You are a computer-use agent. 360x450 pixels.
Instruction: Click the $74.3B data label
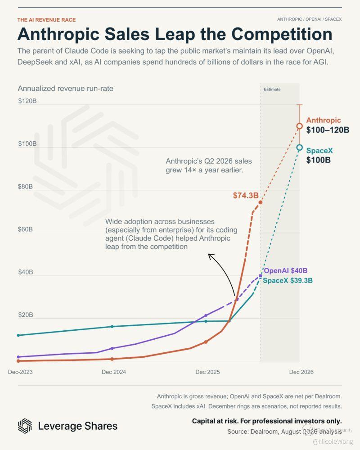(x=246, y=195)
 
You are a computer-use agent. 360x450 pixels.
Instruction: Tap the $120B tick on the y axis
(x=27, y=101)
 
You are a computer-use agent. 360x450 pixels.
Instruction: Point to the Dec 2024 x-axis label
(x=114, y=372)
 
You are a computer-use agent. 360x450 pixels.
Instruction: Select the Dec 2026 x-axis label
(x=301, y=372)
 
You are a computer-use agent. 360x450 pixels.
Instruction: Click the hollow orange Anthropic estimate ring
(x=299, y=123)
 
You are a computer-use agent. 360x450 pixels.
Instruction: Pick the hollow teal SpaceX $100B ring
(x=299, y=144)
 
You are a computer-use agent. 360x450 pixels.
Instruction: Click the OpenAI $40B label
(x=286, y=270)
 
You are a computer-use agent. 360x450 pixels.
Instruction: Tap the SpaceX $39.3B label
(x=288, y=280)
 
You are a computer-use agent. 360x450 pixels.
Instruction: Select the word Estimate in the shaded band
(x=272, y=89)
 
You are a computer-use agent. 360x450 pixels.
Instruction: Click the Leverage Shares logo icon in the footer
(x=25, y=426)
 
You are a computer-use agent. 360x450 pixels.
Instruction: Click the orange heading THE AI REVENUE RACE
(x=46, y=20)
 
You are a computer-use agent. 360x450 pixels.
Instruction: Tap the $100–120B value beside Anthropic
(x=328, y=130)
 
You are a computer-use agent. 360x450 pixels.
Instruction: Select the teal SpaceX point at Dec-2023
(x=18, y=335)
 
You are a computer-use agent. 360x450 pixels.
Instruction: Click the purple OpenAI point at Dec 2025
(x=206, y=315)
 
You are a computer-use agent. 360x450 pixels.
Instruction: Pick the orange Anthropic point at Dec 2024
(x=112, y=359)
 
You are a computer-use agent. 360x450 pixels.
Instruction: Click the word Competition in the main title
(x=282, y=34)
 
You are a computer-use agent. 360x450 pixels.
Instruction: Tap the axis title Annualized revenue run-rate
(x=65, y=88)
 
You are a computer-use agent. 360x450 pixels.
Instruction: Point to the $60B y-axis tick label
(x=25, y=229)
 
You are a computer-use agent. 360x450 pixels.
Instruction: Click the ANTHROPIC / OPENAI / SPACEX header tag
(x=310, y=19)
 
